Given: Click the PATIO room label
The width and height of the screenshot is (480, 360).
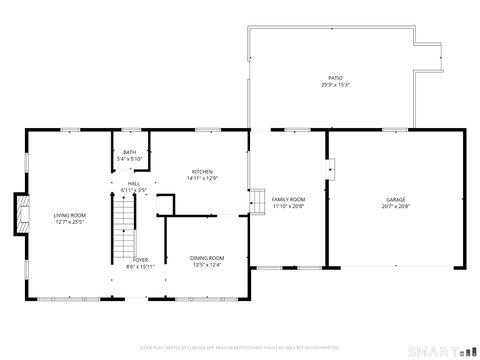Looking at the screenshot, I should (x=335, y=78).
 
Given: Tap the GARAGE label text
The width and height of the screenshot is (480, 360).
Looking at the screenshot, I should (x=396, y=200).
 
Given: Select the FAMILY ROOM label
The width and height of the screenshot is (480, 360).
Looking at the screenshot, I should (x=287, y=200).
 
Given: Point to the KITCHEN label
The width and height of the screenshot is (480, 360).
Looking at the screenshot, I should (x=201, y=172).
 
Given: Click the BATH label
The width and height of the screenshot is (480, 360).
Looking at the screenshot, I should (x=130, y=152).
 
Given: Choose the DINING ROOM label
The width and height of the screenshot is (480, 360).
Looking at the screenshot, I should (x=207, y=258).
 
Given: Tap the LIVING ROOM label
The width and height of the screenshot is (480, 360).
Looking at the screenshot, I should (x=70, y=215).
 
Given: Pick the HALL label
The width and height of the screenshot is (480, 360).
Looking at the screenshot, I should (x=134, y=183).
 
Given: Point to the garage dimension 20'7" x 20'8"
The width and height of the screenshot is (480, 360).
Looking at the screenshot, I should (x=396, y=206).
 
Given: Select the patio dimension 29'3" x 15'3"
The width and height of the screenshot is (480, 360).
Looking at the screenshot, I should (x=335, y=84).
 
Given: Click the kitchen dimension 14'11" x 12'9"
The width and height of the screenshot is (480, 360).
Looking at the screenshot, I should (x=201, y=178).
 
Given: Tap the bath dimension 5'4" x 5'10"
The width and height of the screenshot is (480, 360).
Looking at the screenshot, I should (x=130, y=158).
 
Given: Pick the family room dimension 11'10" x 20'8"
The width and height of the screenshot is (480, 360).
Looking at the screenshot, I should (x=287, y=206).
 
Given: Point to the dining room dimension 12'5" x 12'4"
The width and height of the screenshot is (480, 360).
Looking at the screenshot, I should (x=207, y=264).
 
